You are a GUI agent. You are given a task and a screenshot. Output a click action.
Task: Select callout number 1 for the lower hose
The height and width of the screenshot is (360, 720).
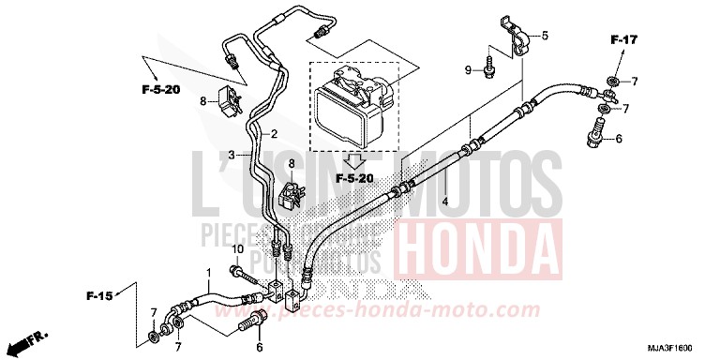pyautogui.click(x=209, y=273)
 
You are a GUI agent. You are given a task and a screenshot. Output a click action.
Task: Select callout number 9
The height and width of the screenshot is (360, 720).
pyautogui.click(x=467, y=70)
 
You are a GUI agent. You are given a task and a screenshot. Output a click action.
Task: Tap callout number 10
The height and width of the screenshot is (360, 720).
pyautogui.click(x=238, y=249)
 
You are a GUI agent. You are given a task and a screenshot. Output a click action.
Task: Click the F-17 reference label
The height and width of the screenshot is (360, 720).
pyautogui.click(x=623, y=39)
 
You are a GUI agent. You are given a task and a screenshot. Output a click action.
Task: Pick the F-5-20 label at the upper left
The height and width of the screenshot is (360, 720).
pyautogui.click(x=160, y=89)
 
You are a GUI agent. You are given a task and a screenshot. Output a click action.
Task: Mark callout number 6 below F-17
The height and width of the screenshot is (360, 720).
pyautogui.click(x=618, y=139)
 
